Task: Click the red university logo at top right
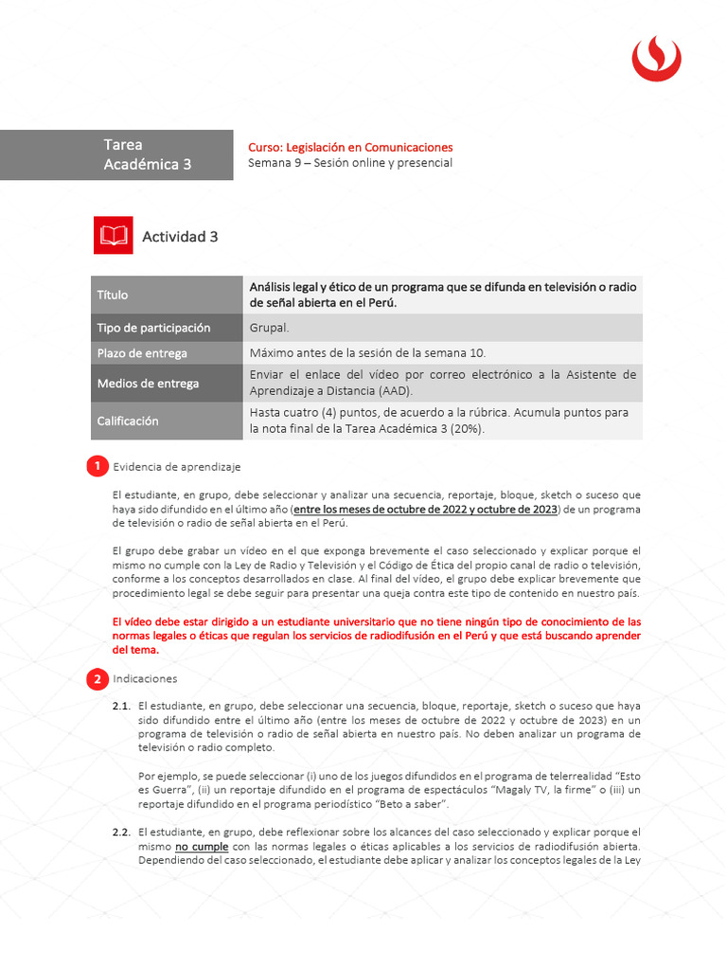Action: click(x=656, y=58)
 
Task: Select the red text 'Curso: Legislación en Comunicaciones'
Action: click(x=350, y=147)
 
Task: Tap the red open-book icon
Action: click(x=113, y=236)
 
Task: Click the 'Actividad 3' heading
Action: click(x=180, y=237)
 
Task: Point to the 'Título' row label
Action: click(x=113, y=295)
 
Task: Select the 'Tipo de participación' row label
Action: click(x=153, y=328)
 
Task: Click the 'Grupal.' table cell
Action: click(x=269, y=328)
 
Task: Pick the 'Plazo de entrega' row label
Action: click(x=142, y=353)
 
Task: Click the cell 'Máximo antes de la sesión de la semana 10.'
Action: click(x=367, y=353)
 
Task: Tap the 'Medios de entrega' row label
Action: click(x=148, y=384)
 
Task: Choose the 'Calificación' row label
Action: click(x=128, y=421)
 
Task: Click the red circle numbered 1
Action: click(x=97, y=466)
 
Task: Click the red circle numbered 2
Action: click(x=97, y=679)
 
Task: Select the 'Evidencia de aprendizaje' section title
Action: click(x=177, y=467)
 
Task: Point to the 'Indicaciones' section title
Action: click(x=145, y=679)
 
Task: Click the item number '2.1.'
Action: click(x=121, y=706)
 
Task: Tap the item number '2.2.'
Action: click(x=121, y=832)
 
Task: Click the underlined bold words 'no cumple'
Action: click(x=202, y=846)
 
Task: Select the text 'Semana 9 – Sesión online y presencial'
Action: click(x=349, y=163)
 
